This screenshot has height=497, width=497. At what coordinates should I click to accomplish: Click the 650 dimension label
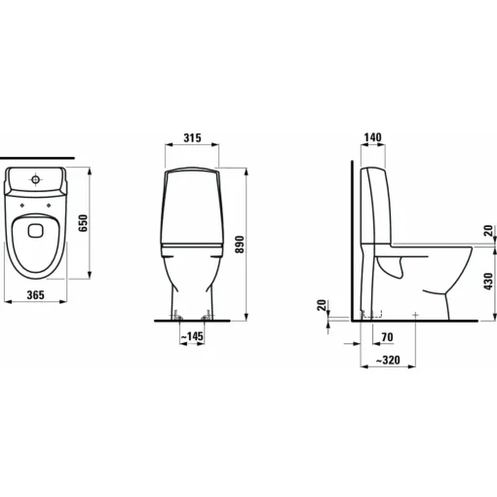[83, 223]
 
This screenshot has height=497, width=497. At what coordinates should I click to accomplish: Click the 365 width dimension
[35, 295]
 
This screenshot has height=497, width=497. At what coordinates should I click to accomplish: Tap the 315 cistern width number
[193, 137]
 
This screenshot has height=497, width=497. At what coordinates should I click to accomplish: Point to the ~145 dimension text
[192, 336]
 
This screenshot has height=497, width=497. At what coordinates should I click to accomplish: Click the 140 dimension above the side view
[372, 137]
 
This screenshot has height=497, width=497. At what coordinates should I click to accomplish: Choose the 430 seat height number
[488, 282]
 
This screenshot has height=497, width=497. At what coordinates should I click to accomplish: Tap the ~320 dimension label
[388, 361]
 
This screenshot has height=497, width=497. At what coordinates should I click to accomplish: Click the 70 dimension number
[387, 337]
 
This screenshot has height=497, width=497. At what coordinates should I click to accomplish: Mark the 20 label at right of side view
[488, 231]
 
